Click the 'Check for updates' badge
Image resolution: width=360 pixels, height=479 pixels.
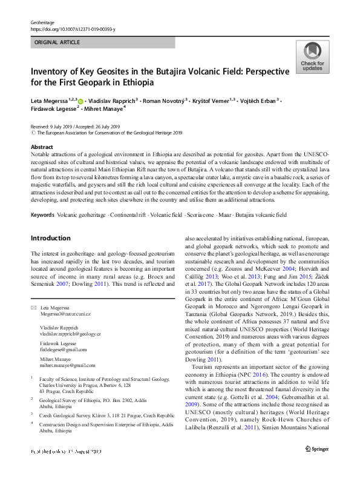click(x=312, y=58)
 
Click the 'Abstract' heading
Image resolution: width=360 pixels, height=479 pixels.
click(x=42, y=147)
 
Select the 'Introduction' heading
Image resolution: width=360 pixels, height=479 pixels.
click(x=50, y=238)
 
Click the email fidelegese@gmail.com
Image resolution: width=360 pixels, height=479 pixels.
click(x=64, y=349)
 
